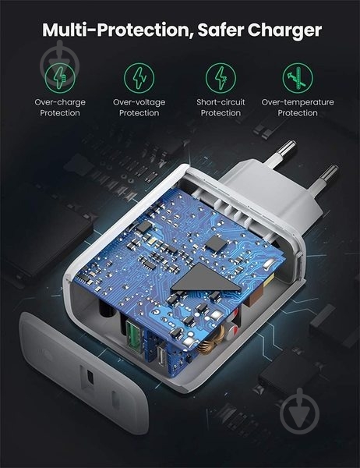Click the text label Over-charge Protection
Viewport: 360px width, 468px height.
[60, 108]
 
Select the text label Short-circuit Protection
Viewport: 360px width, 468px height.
[221, 108]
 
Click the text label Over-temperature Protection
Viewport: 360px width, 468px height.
[298, 108]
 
